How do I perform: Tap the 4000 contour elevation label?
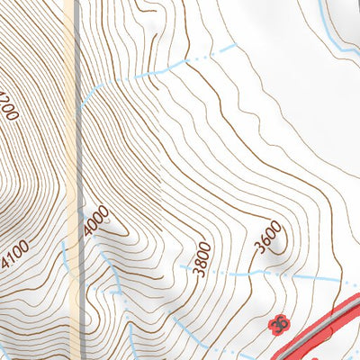tap(95, 221)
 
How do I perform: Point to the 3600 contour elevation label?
tap(267, 238)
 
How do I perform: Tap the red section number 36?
tap(279, 322)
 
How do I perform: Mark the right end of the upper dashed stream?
tap(236, 44)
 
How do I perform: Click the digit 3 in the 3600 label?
tap(258, 247)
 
